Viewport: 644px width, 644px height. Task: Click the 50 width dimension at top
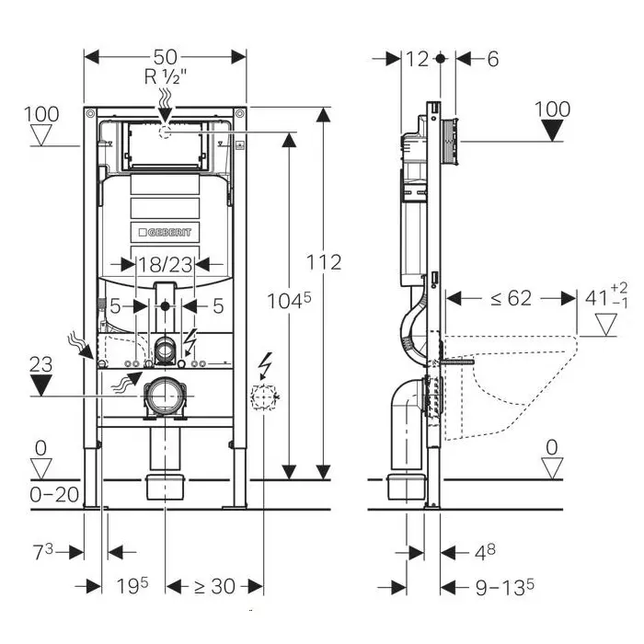pyautogui.click(x=165, y=56)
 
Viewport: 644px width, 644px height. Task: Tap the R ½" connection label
pyautogui.click(x=165, y=77)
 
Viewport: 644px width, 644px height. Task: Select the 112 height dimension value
pyautogui.click(x=323, y=262)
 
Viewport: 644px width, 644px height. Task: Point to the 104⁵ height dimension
pyautogui.click(x=285, y=298)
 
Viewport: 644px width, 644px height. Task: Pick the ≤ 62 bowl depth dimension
pyautogui.click(x=510, y=298)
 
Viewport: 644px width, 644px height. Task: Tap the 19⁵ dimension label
pyautogui.click(x=131, y=585)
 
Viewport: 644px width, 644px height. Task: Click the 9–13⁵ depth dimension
pyautogui.click(x=503, y=585)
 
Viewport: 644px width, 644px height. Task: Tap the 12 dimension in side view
pyautogui.click(x=418, y=58)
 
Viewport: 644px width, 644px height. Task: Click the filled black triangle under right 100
pyautogui.click(x=552, y=130)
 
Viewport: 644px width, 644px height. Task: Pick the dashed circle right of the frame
pyautogui.click(x=264, y=397)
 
